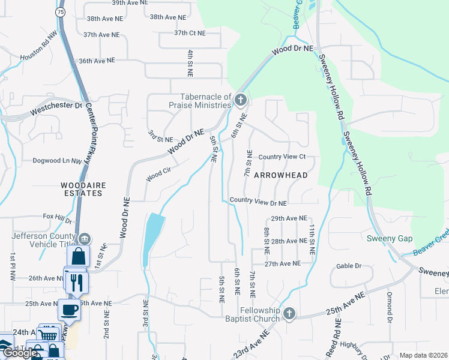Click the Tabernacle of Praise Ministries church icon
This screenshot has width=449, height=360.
tap(241, 99)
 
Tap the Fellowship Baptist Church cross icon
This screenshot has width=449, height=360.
tap(289, 314)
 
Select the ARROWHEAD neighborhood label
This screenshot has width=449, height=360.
tap(280, 175)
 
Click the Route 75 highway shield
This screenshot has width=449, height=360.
tap(59, 11)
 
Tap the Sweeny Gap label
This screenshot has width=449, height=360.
tap(390, 238)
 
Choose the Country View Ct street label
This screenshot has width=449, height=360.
tap(282, 157)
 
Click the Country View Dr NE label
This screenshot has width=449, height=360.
tap(258, 202)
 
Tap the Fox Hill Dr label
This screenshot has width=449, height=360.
tap(57, 216)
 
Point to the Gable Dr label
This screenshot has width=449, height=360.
tap(349, 266)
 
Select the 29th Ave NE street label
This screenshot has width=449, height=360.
tap(289, 219)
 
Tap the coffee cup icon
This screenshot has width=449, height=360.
tap(68, 310)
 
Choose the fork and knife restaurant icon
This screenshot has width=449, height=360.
tap(76, 282)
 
